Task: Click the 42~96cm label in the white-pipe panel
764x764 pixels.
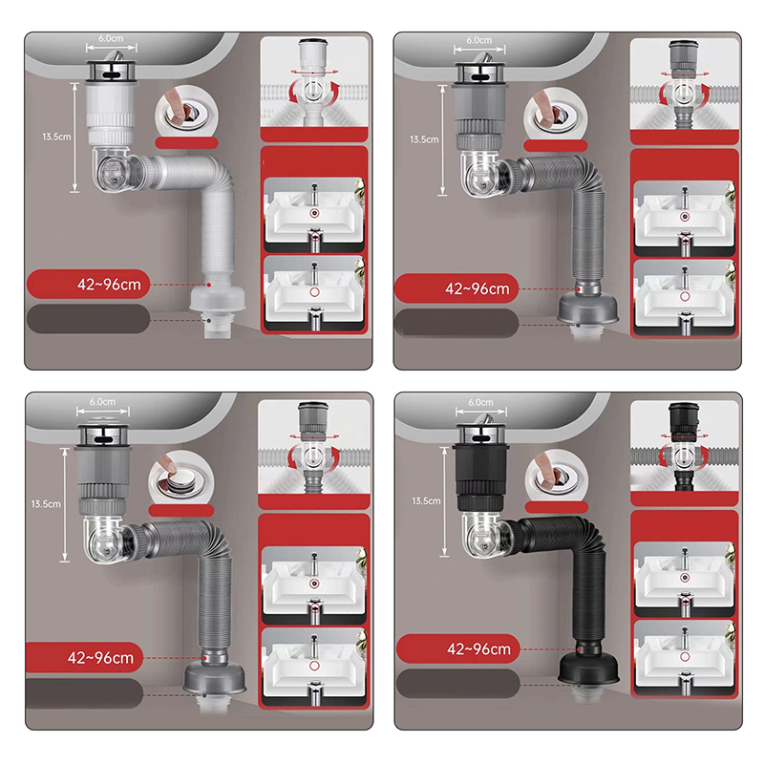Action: (109, 285)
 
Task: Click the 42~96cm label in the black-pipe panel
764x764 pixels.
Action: (479, 649)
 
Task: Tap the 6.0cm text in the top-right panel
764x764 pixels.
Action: (479, 40)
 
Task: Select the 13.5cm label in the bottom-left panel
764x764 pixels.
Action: (46, 504)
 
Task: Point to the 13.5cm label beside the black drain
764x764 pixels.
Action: (426, 500)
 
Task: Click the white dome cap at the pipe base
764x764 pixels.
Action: (218, 298)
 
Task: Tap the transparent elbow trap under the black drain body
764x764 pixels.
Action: (479, 534)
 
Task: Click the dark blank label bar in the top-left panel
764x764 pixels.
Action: (88, 319)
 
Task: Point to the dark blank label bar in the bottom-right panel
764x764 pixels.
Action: (458, 683)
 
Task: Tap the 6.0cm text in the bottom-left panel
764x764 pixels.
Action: (102, 402)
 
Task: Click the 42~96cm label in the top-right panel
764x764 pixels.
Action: (477, 288)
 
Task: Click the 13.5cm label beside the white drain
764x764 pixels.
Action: (56, 137)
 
